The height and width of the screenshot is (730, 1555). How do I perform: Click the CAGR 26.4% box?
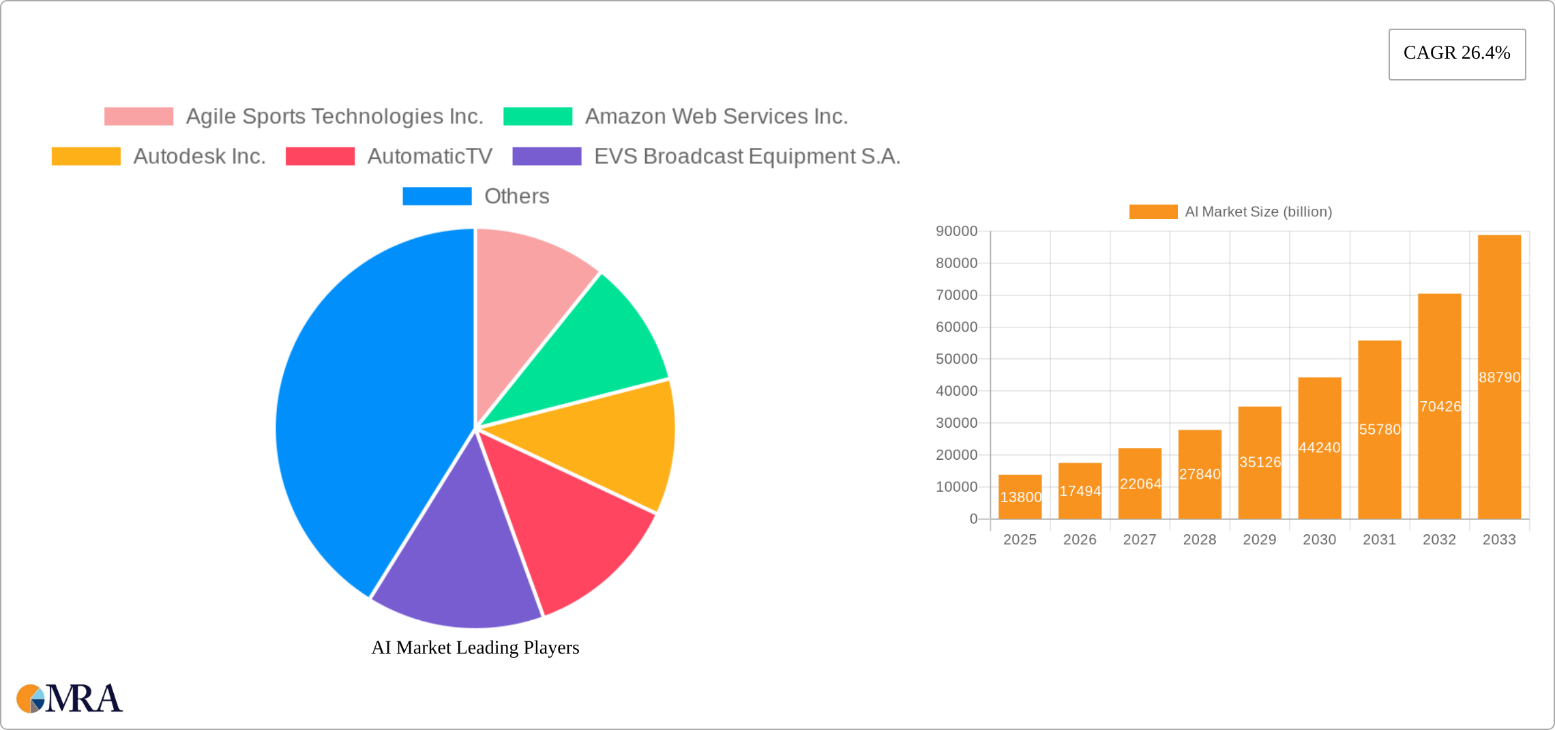pyautogui.click(x=1457, y=54)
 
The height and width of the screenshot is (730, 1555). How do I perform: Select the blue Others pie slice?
pyautogui.click(x=368, y=409)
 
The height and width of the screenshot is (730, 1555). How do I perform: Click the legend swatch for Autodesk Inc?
pyautogui.click(x=86, y=156)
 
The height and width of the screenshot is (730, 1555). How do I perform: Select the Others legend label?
pyautogui.click(x=516, y=196)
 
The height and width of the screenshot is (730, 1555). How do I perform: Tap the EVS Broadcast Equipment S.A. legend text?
pyautogui.click(x=747, y=156)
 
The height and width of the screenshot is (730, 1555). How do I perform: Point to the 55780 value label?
pyautogui.click(x=1380, y=429)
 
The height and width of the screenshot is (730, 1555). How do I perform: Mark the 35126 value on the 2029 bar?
pyautogui.click(x=1260, y=462)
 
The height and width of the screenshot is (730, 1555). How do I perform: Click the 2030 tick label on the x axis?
pyautogui.click(x=1319, y=540)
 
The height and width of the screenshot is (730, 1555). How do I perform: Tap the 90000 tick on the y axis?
pyautogui.click(x=956, y=231)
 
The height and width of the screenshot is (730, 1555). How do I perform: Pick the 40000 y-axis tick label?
pyautogui.click(x=956, y=391)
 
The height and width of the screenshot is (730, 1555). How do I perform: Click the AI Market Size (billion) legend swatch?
pyautogui.click(x=1153, y=211)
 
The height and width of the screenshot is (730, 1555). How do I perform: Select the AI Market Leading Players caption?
pyautogui.click(x=475, y=647)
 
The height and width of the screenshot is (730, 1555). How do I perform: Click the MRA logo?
pyautogui.click(x=70, y=699)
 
